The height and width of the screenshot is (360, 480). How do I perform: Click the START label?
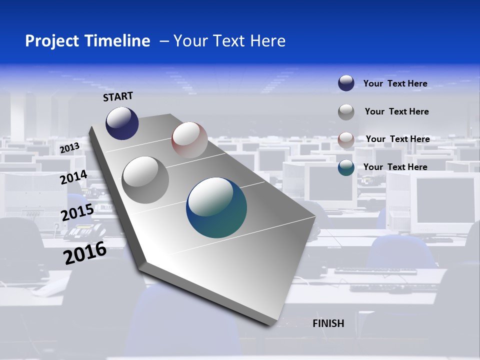(x=118, y=96)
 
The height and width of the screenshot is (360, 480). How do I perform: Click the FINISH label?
(x=328, y=323)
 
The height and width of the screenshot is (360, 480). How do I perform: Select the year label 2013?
(x=69, y=148)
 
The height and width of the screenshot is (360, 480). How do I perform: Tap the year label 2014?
(x=74, y=177)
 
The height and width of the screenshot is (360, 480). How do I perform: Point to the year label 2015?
(x=77, y=212)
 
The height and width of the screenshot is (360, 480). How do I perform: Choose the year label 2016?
(x=85, y=253)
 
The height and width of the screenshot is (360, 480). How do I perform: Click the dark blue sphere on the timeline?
(x=122, y=123)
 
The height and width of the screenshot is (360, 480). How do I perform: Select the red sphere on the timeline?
(x=189, y=140)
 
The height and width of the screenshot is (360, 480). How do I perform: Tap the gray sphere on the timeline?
(x=145, y=179)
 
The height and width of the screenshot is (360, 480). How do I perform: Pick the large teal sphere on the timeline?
(x=216, y=207)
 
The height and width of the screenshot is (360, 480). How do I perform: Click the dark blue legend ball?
(x=346, y=83)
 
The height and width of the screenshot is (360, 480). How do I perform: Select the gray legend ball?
(x=346, y=111)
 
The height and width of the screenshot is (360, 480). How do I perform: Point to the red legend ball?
(x=346, y=139)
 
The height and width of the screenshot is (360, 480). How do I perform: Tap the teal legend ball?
(x=346, y=167)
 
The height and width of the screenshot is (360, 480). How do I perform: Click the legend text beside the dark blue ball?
(x=395, y=83)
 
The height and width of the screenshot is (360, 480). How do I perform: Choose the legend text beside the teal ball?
(x=395, y=167)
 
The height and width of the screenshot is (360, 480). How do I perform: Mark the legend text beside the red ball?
(x=397, y=139)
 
